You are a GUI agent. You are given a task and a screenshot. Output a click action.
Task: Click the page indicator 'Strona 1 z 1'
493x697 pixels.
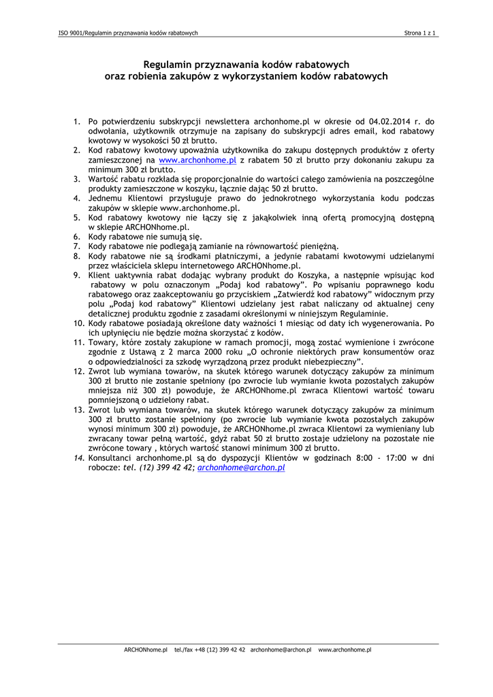420,33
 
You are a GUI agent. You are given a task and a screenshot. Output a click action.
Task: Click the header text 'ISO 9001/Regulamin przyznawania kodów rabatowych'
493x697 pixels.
128,33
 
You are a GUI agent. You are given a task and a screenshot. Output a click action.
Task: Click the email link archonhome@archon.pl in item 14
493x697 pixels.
241,468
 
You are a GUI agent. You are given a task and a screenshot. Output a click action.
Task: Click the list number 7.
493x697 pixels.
77,246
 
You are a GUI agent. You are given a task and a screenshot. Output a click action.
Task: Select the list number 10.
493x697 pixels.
79,323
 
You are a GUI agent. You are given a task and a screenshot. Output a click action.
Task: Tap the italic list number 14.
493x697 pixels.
79,458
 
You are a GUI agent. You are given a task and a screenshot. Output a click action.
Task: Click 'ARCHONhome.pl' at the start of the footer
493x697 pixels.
146,650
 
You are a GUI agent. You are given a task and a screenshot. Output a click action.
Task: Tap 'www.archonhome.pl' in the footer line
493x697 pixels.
345,650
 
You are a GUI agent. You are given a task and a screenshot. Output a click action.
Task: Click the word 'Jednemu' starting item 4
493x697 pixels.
105,198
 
